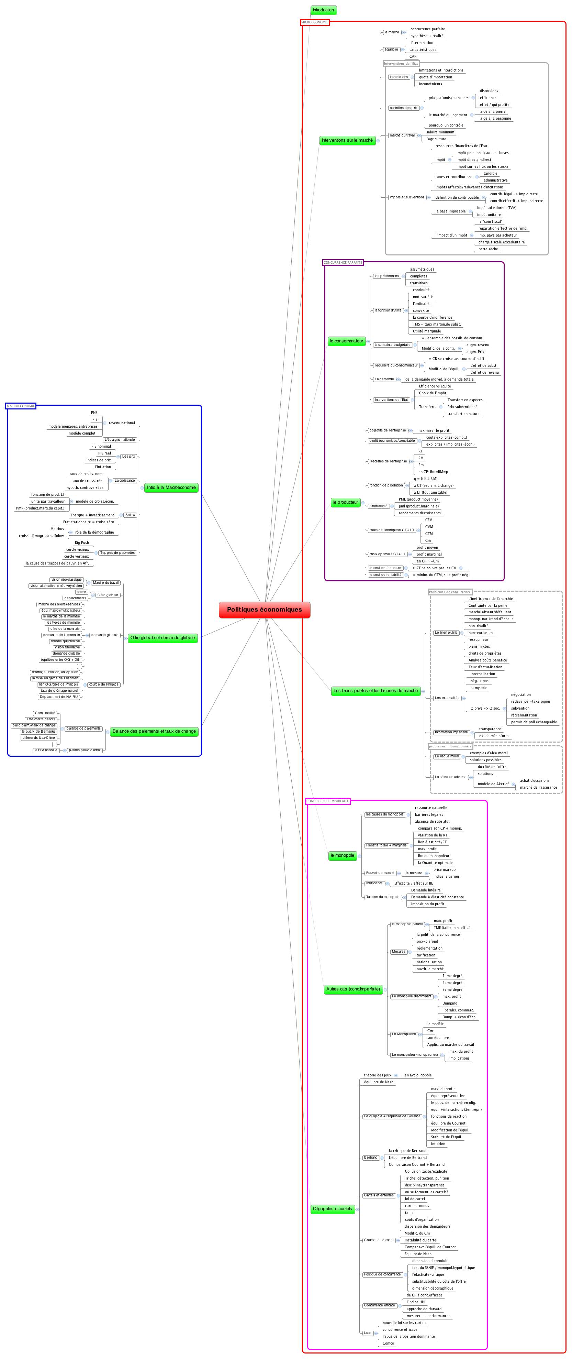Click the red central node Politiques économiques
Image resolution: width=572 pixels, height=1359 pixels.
click(264, 609)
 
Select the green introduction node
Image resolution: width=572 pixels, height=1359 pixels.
click(323, 10)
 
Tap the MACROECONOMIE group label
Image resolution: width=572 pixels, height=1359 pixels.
click(21, 406)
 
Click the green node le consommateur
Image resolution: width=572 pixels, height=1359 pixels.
click(346, 341)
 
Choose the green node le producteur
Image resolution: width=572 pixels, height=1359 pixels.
click(345, 502)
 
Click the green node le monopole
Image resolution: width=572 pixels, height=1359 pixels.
click(342, 855)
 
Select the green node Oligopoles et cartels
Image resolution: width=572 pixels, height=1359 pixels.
click(332, 1209)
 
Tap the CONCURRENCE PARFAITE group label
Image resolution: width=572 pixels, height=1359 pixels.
click(343, 262)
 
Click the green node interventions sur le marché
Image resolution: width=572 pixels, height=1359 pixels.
click(347, 140)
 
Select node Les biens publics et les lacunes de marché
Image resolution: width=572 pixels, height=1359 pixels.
click(375, 691)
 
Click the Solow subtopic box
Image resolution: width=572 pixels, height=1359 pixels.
click(130, 515)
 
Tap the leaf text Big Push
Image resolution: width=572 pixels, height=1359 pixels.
click(82, 542)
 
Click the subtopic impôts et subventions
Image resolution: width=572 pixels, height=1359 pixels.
click(406, 197)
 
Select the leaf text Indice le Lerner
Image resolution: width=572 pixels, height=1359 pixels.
click(446, 876)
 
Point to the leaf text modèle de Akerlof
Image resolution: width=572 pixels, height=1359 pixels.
click(493, 784)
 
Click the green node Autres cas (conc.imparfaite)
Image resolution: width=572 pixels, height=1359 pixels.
click(353, 989)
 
